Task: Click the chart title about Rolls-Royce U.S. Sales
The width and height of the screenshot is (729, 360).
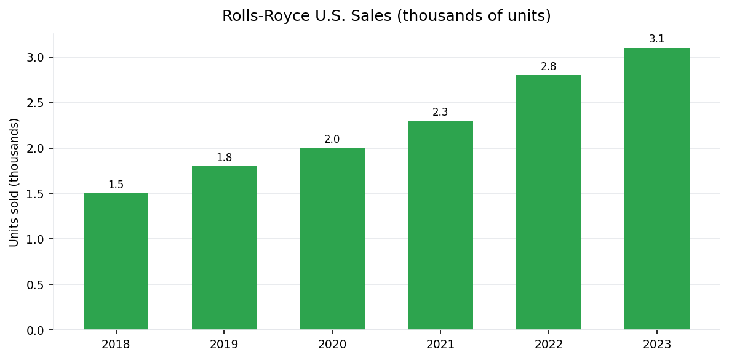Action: tap(386, 16)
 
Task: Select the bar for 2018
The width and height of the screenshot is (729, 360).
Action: tap(116, 262)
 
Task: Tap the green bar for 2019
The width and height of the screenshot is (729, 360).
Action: tap(224, 248)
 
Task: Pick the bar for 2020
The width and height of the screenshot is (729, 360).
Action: tap(332, 239)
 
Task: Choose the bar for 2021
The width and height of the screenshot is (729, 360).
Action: tap(440, 225)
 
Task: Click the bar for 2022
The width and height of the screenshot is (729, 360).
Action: tap(548, 202)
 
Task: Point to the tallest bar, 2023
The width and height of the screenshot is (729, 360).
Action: tap(656, 189)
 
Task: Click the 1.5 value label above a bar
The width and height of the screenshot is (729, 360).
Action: tap(116, 185)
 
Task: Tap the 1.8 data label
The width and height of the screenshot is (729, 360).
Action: tap(224, 158)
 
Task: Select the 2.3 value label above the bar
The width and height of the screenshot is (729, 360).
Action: tap(440, 112)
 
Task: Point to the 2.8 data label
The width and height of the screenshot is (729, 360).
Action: tap(548, 66)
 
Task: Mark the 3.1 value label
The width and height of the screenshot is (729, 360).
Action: tap(656, 39)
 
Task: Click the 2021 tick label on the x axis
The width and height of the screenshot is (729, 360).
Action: tap(440, 345)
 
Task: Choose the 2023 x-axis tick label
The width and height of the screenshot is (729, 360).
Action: tap(656, 345)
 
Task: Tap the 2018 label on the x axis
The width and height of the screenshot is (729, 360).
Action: tap(116, 345)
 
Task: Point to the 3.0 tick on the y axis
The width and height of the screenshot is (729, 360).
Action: tap(36, 57)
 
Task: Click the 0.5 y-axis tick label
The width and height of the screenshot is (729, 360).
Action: tap(36, 284)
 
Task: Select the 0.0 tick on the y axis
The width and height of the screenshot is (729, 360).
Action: tap(36, 330)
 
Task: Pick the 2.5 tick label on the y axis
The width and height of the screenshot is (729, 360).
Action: tap(36, 103)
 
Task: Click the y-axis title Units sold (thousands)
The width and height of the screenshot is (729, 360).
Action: tap(15, 182)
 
